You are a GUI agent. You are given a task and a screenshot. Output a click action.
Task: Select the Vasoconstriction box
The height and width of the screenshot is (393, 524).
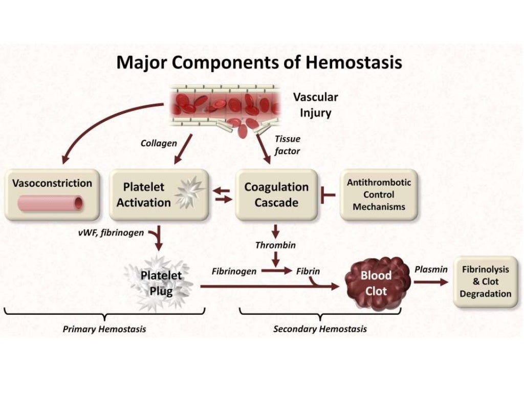click(x=52, y=195)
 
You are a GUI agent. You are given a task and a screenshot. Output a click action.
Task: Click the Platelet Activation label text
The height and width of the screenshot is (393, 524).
click(x=143, y=194)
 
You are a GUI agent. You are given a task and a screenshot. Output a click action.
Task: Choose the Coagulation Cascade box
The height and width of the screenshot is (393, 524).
click(x=276, y=194)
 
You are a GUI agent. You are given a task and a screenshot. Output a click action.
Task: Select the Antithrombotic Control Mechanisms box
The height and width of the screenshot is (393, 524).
click(x=379, y=195)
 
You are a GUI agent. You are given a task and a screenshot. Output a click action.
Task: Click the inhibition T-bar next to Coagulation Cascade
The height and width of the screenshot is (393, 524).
click(x=326, y=195)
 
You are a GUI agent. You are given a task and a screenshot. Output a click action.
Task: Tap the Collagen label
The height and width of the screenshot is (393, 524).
click(x=159, y=143)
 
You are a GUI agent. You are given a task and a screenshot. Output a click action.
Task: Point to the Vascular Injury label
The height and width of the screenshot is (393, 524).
click(x=315, y=105)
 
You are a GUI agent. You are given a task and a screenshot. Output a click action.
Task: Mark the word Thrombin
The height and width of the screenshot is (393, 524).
click(x=275, y=245)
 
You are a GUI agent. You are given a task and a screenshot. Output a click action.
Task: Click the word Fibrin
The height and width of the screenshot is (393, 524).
click(x=308, y=271)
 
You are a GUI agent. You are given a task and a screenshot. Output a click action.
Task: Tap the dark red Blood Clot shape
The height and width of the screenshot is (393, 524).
click(x=377, y=283)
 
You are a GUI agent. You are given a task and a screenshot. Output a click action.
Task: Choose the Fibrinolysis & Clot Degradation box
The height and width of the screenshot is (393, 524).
click(x=485, y=281)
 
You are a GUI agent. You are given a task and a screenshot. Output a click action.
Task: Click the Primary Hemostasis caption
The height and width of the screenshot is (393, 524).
click(x=104, y=329)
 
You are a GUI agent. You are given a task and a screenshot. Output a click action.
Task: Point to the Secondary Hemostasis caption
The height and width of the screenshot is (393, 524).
click(x=320, y=329)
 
